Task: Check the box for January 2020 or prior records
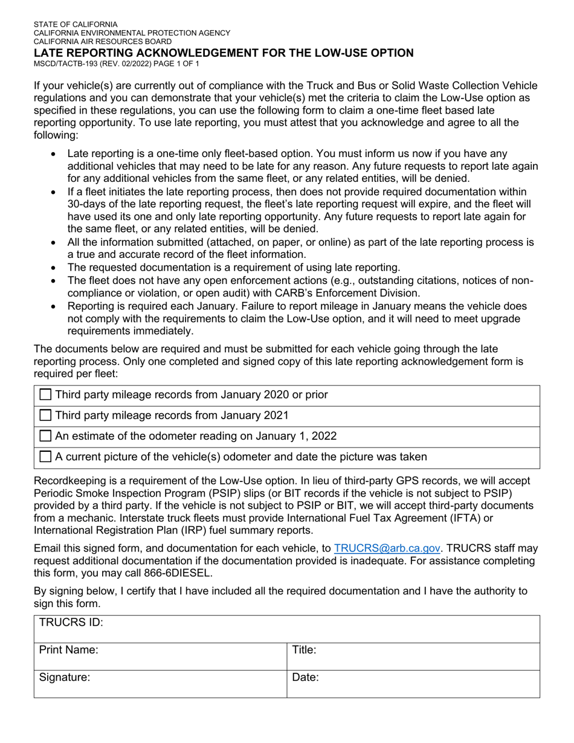(45, 395)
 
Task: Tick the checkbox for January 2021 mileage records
(45, 416)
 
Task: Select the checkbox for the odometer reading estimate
(45, 436)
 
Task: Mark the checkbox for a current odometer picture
(45, 457)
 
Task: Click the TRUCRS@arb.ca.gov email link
(387, 548)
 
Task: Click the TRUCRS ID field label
(71, 623)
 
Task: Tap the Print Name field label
(69, 651)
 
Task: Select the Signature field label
(65, 678)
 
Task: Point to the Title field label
(305, 651)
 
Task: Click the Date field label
(306, 678)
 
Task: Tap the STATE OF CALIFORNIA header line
(76, 25)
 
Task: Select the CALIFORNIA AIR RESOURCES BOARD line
(102, 42)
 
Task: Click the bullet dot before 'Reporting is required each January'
(54, 307)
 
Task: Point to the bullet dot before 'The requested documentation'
(54, 268)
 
